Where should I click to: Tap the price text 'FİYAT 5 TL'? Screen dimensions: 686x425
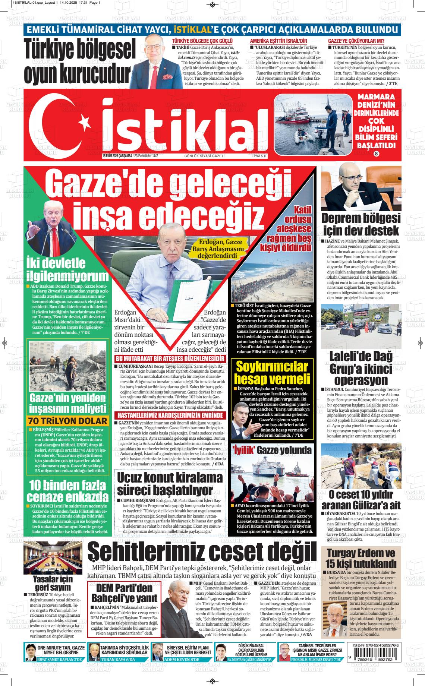pos(260,156)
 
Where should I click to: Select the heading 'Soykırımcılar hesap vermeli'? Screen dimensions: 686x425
pos(272,373)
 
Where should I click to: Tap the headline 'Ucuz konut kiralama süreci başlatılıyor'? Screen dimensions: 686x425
pos(170,483)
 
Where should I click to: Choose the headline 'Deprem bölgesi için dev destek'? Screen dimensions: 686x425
pos(361,224)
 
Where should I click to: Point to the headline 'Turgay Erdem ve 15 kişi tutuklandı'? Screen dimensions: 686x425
pos(361,558)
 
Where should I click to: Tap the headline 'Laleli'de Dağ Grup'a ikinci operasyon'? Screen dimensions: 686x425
pos(361,368)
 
